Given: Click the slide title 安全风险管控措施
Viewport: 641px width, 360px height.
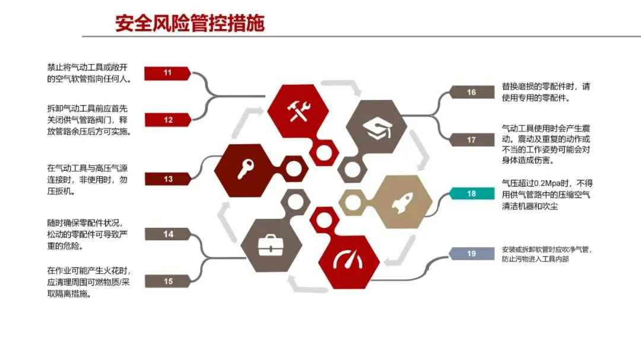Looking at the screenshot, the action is (x=190, y=23).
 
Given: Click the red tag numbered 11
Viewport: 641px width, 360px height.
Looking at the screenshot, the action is (x=167, y=73).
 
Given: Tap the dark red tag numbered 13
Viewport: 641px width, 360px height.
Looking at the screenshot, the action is (x=168, y=179).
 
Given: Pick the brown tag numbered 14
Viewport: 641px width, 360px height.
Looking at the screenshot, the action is (x=168, y=234).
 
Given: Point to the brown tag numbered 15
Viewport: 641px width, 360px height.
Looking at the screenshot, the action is (x=168, y=281).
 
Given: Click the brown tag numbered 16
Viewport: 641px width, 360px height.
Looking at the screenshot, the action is (x=472, y=93).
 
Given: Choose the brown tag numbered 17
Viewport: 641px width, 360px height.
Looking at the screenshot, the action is (x=472, y=140).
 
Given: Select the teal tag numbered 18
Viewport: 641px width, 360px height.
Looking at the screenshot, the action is (x=472, y=193).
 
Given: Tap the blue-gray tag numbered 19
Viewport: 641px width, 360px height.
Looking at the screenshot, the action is (x=472, y=254).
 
